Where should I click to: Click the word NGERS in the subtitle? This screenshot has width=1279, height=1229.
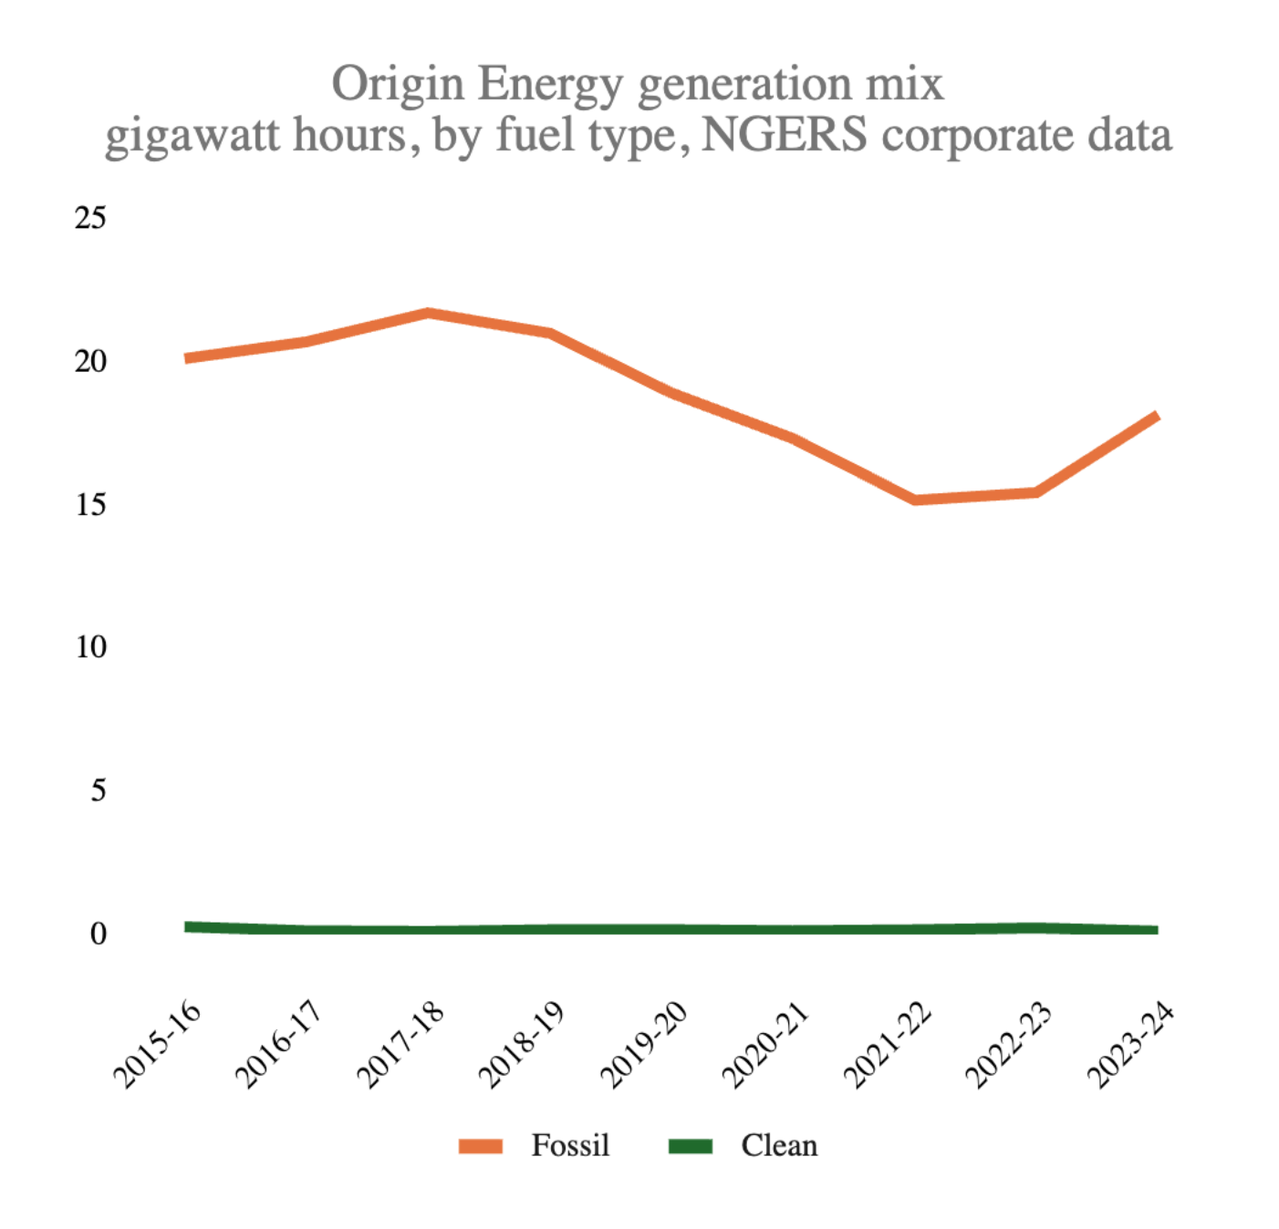(x=784, y=136)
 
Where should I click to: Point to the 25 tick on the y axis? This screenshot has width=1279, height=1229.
(x=90, y=218)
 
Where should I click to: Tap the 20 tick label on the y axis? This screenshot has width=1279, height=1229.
(x=90, y=362)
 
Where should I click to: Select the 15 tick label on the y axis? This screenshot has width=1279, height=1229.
(x=90, y=504)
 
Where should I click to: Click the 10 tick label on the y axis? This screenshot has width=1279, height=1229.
(x=90, y=647)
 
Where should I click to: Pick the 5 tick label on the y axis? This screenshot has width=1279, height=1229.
(x=98, y=790)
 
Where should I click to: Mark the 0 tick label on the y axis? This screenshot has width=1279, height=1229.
(x=98, y=934)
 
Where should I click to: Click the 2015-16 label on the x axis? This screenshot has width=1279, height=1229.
(x=157, y=1044)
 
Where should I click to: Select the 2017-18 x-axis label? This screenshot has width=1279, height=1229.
(x=400, y=1044)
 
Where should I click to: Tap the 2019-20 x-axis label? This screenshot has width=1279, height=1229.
(x=643, y=1044)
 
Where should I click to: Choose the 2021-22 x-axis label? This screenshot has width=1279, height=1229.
(x=887, y=1044)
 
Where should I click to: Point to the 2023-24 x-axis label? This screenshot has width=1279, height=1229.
(x=1129, y=1044)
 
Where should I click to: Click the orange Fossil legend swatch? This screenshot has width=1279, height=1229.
(x=481, y=1146)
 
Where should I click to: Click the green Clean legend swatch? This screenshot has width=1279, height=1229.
(x=690, y=1146)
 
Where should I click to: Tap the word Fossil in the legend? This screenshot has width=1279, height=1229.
(x=570, y=1145)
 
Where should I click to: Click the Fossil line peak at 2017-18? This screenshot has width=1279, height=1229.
(x=428, y=314)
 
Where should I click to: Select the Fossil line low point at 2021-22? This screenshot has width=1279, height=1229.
(x=915, y=500)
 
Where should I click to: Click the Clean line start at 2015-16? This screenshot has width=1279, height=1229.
(x=187, y=926)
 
